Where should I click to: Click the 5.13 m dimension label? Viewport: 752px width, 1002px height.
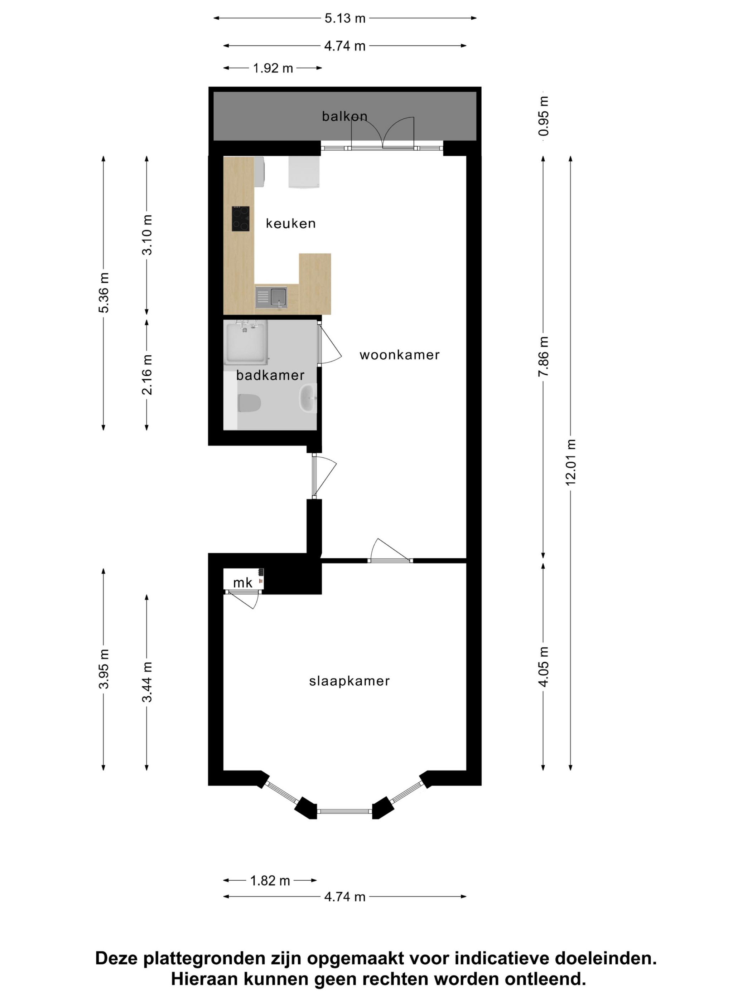click(344, 19)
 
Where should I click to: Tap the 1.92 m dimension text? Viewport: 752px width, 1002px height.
click(273, 68)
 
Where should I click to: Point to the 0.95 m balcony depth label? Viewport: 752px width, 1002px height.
click(544, 116)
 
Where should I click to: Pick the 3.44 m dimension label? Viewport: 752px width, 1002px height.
click(147, 682)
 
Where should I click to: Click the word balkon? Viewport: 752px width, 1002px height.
click(344, 116)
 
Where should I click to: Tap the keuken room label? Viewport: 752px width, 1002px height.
click(290, 223)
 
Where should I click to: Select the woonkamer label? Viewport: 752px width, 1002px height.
click(399, 355)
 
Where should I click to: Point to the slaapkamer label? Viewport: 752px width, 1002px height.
click(349, 681)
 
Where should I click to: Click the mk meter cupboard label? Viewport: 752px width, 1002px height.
click(242, 583)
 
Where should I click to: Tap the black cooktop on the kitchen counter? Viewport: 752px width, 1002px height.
click(240, 218)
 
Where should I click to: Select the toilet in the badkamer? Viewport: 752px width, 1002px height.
click(249, 403)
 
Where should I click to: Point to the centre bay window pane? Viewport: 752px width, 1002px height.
click(344, 811)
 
